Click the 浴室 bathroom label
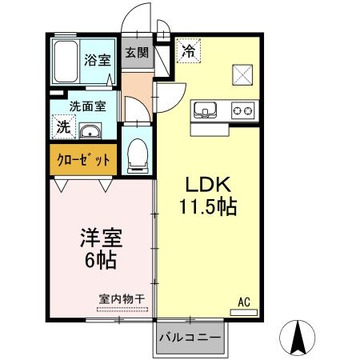pos(98,58)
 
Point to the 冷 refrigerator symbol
pos(189,50)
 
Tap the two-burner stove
pos(242,110)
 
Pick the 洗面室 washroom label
pos(82,105)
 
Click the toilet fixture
pos(138,152)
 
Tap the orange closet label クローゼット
pos(84,159)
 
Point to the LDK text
pos(206,182)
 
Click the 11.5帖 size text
pos(206,207)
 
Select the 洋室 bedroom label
pos(100,238)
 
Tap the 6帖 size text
pos(100,261)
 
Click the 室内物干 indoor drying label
pos(122,298)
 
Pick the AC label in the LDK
pos(245,302)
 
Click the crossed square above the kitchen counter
pos(243,74)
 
